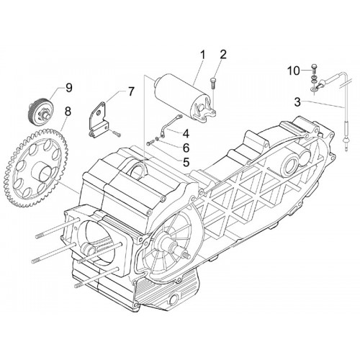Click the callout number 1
(202, 55)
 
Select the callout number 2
(223, 55)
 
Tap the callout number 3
(297, 102)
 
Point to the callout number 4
(186, 133)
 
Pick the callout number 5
(186, 162)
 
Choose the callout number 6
(186, 148)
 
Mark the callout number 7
(131, 92)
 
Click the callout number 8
(68, 112)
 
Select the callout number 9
(68, 88)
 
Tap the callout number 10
(294, 71)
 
